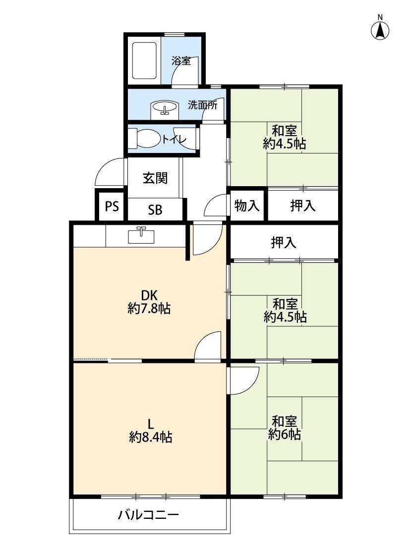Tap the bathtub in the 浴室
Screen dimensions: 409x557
pyautogui.click(x=145, y=60)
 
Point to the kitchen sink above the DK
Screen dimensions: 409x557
pyautogui.click(x=142, y=235)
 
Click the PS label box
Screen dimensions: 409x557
pyautogui.click(x=112, y=206)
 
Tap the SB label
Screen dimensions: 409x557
pyautogui.click(x=155, y=210)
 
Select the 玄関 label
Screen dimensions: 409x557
pyautogui.click(x=155, y=178)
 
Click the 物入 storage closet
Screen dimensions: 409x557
pyautogui.click(x=247, y=205)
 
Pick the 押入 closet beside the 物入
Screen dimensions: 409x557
pyautogui.click(x=302, y=205)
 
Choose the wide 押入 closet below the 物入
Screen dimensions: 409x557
pyautogui.click(x=284, y=242)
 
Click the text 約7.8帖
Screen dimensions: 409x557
pyautogui.click(x=149, y=308)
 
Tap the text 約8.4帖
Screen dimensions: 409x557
pyautogui.click(x=151, y=437)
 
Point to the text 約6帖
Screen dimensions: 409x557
pyautogui.click(x=285, y=434)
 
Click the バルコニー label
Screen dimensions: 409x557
pyautogui.click(x=148, y=514)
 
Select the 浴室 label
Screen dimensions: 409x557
pyautogui.click(x=181, y=61)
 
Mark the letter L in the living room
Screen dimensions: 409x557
pyautogui.click(x=151, y=423)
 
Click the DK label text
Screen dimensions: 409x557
pyautogui.click(x=149, y=295)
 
